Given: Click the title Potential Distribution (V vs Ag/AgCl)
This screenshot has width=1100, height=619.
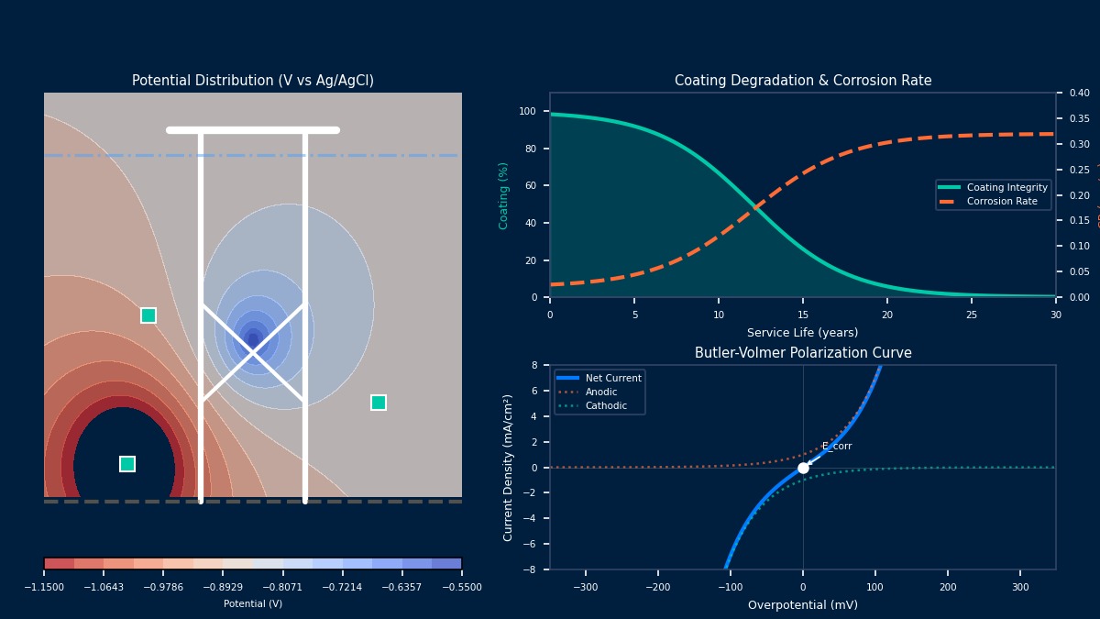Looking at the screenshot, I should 253,81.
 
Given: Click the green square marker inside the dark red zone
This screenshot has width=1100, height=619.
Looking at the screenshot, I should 127,464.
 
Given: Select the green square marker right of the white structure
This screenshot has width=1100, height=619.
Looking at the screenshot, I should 379,403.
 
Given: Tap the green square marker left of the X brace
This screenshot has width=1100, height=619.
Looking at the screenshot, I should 148,315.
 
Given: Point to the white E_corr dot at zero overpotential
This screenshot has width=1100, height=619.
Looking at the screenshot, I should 803,468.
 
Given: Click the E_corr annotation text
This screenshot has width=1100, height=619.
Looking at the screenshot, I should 837,447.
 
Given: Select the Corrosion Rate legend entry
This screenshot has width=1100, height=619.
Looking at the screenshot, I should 1002,202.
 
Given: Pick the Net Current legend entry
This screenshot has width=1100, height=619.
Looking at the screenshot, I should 613,378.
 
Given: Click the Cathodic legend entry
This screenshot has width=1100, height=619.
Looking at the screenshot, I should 606,405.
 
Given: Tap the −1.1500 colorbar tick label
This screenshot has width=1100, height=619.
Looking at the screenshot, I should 44,587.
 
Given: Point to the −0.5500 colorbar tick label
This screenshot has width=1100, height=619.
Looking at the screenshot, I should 461,587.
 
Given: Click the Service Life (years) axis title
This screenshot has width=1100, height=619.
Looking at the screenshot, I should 802,333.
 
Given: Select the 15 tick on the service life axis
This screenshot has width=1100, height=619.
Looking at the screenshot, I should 803,315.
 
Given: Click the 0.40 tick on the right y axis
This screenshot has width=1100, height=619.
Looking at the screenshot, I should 1079,93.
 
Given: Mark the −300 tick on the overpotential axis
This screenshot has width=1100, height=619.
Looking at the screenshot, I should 585,587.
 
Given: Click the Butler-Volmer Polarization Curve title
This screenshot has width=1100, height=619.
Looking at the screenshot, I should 802,353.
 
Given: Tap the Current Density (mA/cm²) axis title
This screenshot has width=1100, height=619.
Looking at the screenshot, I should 509,467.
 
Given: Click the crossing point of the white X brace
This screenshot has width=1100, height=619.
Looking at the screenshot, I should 253,352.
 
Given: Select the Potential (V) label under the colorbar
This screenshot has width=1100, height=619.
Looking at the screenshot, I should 253,603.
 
